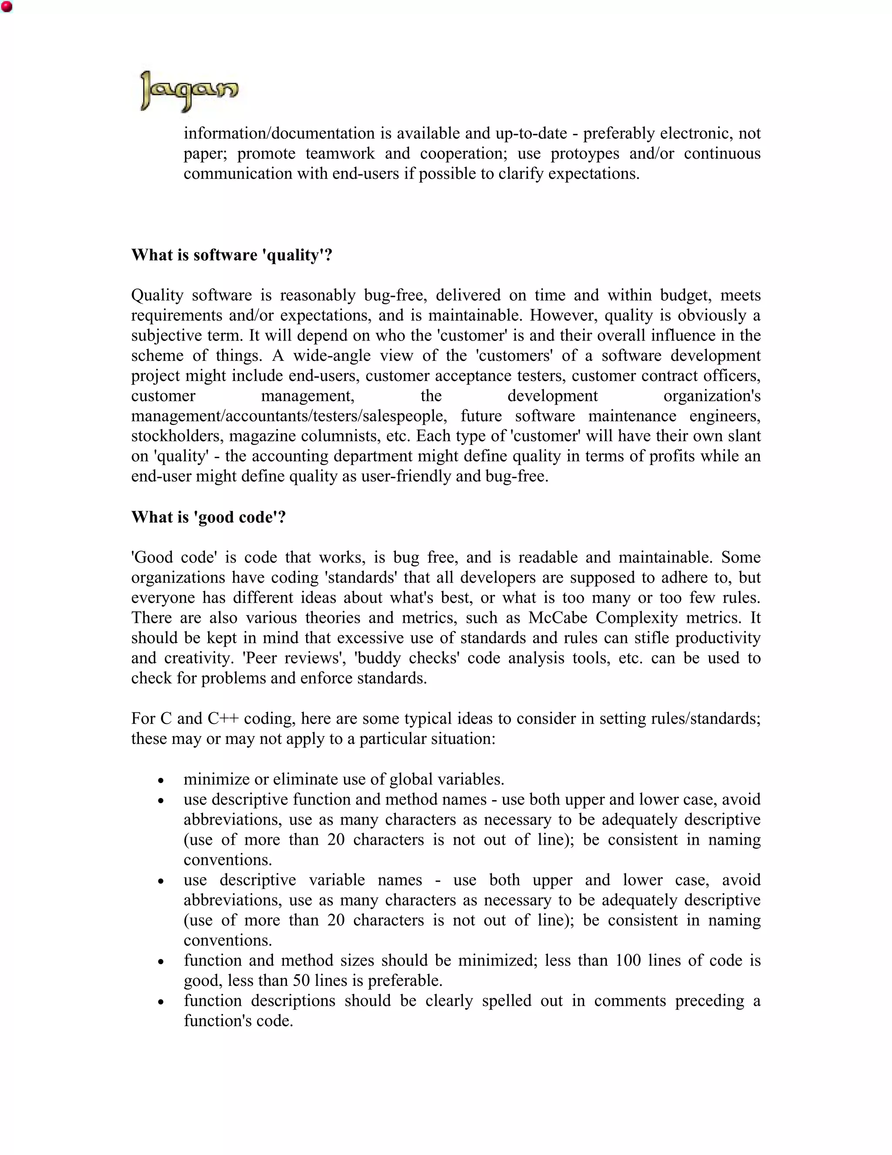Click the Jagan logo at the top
189,91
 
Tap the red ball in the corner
7,7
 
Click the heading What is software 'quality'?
231,255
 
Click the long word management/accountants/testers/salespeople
288,416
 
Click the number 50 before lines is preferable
301,981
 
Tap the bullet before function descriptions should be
161,1002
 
